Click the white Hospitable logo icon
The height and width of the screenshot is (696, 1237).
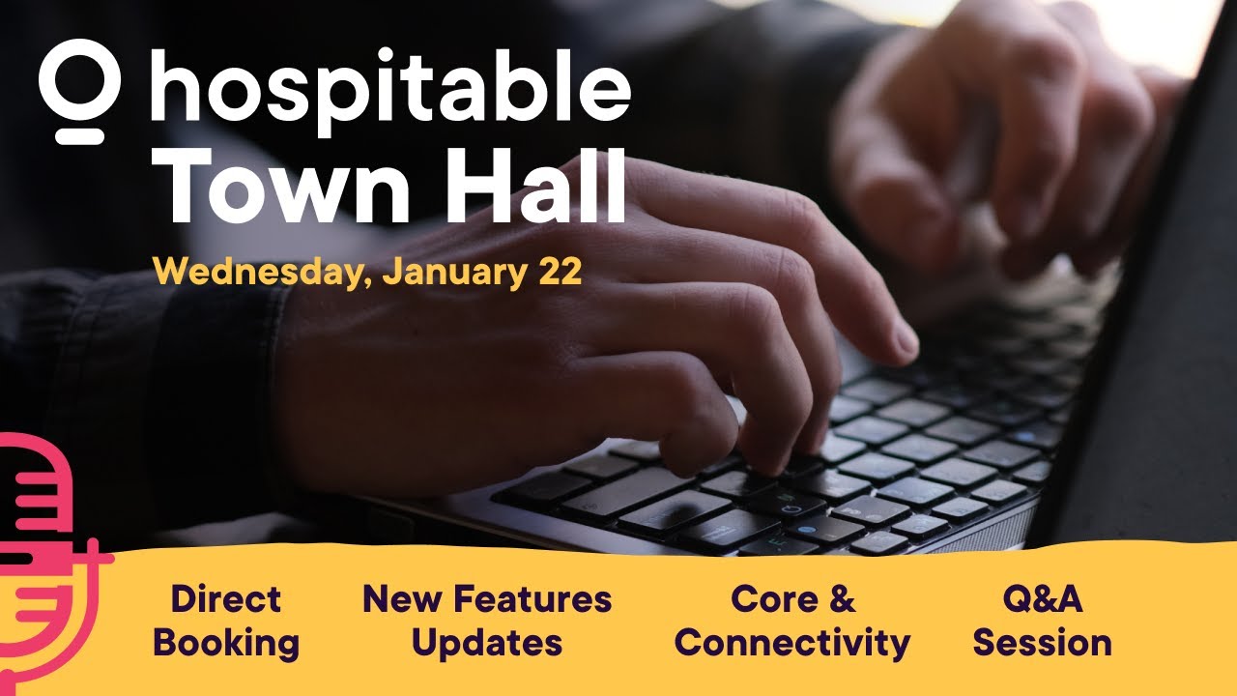79,92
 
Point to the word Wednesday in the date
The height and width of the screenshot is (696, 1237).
261,273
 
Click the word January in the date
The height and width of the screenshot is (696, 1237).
453,273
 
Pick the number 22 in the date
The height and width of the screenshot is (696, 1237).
560,272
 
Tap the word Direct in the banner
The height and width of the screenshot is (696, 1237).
226,599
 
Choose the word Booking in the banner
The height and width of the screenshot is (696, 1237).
226,643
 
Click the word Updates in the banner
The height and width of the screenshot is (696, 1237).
487,643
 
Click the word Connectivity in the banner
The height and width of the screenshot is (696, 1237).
801,643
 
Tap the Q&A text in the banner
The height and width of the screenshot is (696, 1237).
1042,599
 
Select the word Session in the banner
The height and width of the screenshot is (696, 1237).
1042,643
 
